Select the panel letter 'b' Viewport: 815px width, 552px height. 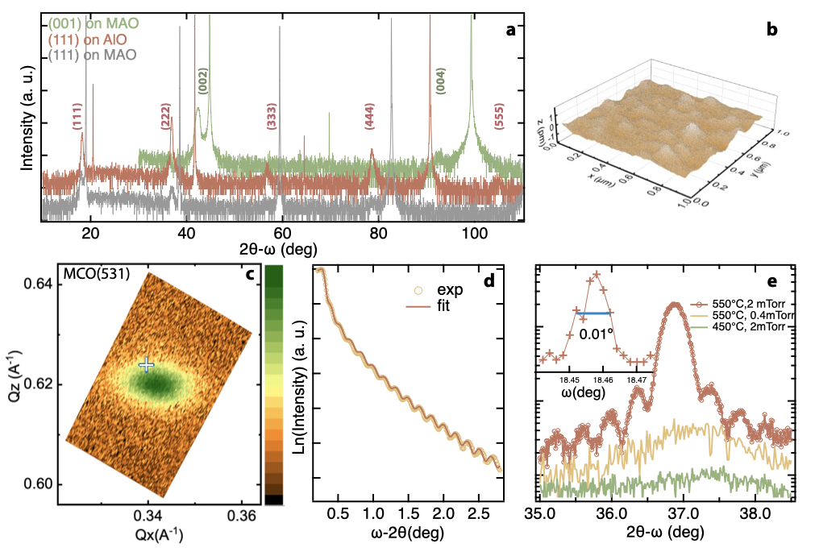771,31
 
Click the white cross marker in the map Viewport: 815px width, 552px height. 146,364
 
